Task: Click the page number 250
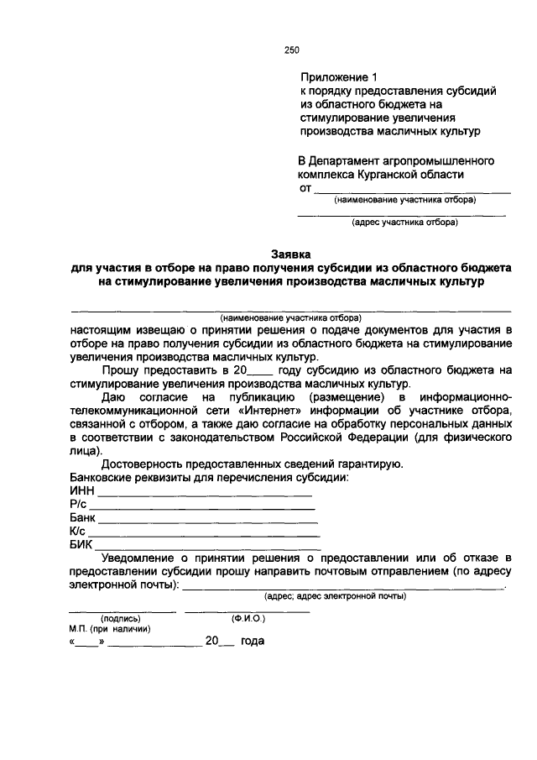(x=292, y=50)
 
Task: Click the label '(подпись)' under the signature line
(x=121, y=619)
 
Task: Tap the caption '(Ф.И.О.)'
(x=248, y=619)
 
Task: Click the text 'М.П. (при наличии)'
(x=110, y=629)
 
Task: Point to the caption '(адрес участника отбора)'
(x=404, y=223)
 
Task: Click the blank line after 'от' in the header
(x=412, y=191)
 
